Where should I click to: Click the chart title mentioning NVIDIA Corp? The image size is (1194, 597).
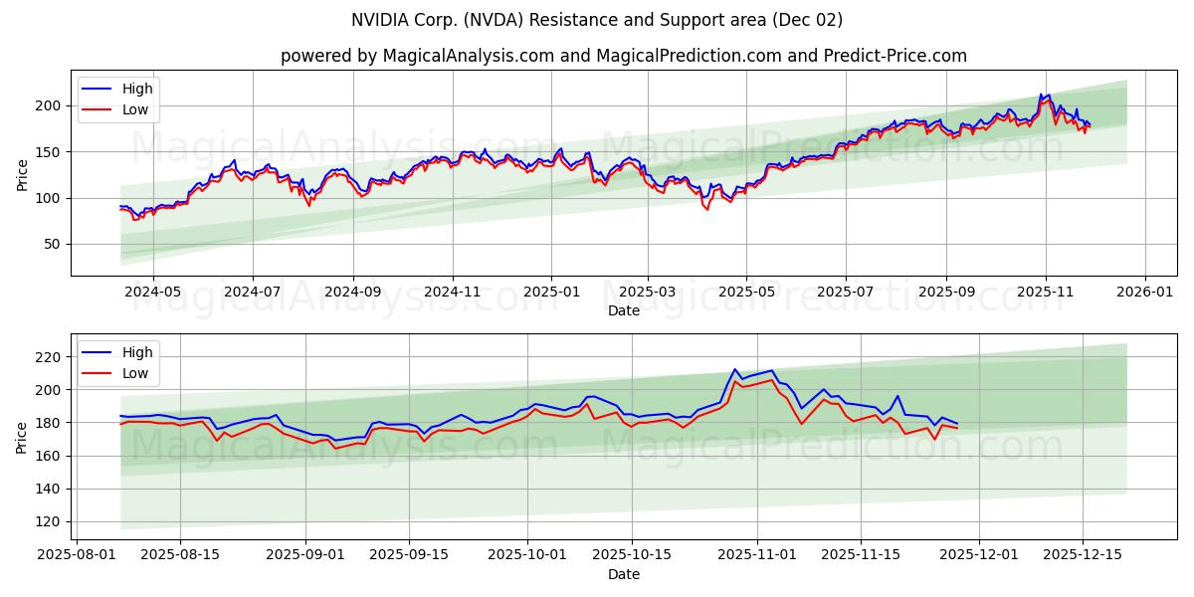[596, 20]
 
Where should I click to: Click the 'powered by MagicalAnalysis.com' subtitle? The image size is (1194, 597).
[623, 56]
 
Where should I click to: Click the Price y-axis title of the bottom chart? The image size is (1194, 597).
[22, 437]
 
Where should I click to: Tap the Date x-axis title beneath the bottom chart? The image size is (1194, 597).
[624, 575]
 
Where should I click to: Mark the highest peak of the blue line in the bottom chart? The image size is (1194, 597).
[734, 369]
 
